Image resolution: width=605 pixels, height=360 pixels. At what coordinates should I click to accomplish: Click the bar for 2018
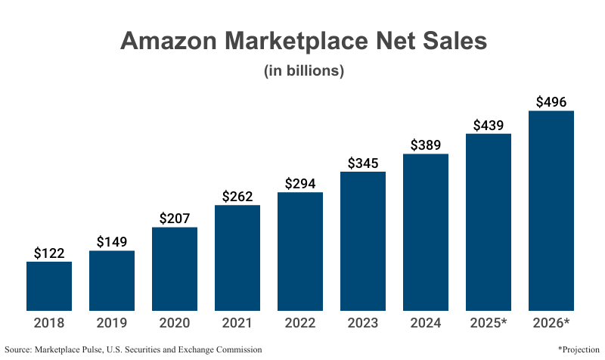(x=49, y=286)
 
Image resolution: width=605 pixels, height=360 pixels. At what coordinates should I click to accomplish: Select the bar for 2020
(x=175, y=268)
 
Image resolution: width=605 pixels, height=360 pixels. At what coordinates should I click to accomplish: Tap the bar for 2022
(x=300, y=251)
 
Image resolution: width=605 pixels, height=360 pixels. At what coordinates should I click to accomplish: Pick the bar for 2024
(x=426, y=232)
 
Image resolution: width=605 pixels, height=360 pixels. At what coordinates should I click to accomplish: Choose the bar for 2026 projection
(x=551, y=210)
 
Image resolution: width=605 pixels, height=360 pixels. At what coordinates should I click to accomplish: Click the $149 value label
(x=112, y=242)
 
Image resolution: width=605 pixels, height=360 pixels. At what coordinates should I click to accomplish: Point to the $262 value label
(x=237, y=197)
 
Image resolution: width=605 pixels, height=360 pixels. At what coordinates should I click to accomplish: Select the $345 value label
(x=363, y=163)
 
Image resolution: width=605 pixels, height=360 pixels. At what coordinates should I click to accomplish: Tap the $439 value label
(x=489, y=126)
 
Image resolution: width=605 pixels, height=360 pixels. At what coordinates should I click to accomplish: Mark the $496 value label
(x=551, y=102)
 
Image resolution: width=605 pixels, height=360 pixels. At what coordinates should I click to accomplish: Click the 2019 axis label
(x=112, y=323)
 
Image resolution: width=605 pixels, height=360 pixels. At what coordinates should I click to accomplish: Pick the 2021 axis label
(x=237, y=323)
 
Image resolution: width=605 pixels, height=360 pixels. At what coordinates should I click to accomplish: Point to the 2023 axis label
(x=363, y=323)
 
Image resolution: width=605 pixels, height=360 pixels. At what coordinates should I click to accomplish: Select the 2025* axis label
(x=489, y=323)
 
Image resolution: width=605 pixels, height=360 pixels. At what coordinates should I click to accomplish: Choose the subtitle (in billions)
(x=303, y=71)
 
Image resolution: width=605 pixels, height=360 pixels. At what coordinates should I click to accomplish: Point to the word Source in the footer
(x=18, y=349)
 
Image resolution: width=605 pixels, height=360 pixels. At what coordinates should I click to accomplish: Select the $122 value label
(x=49, y=253)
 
